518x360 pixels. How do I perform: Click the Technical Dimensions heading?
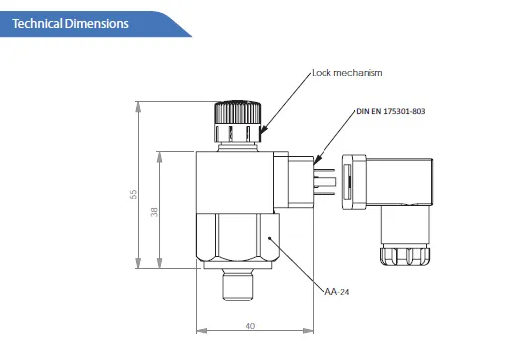coord(70,24)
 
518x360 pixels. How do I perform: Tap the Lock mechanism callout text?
coord(347,73)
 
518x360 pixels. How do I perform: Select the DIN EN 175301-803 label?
coord(391,111)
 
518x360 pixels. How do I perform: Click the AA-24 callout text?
coord(337,292)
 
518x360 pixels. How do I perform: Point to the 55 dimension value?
coord(133,194)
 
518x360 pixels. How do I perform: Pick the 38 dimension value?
coord(154,212)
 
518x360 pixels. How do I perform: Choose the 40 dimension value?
coord(250,326)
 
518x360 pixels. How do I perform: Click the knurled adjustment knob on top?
coord(237,122)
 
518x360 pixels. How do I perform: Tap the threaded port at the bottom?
coord(238,285)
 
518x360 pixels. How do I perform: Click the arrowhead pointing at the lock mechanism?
coord(263,130)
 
